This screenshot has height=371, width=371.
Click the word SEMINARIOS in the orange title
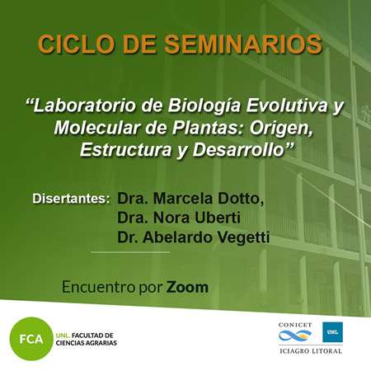(x=242, y=44)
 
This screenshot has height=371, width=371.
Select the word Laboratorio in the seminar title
(x=84, y=106)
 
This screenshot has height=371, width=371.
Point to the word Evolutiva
(x=287, y=106)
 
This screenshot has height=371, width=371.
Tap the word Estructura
(x=126, y=150)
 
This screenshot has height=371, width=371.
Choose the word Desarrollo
(x=238, y=150)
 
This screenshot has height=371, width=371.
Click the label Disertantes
(x=71, y=199)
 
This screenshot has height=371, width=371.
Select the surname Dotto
(x=241, y=199)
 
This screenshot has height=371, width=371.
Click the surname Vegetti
(x=243, y=238)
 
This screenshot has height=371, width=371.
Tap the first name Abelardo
(x=177, y=237)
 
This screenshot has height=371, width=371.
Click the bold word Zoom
(x=187, y=287)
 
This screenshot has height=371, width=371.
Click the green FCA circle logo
(x=31, y=339)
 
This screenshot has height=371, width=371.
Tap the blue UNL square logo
(x=332, y=332)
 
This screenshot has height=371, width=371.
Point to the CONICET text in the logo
(x=295, y=325)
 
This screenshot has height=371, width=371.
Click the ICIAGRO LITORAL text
(x=311, y=351)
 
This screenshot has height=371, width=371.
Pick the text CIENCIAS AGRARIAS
(x=87, y=343)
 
